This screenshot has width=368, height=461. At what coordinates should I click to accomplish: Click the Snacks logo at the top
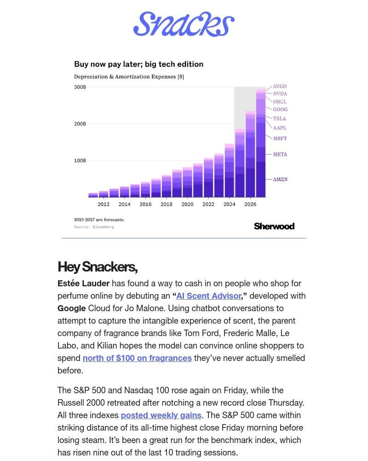(x=184, y=24)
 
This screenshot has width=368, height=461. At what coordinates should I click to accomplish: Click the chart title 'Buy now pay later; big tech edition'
(x=138, y=64)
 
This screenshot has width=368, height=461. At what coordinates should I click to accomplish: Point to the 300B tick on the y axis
(x=80, y=87)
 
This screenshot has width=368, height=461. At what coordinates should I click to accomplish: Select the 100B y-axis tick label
(x=80, y=161)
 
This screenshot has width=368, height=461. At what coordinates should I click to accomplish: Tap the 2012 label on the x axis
(x=103, y=204)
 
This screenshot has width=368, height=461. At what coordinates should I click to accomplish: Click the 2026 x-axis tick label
(x=250, y=204)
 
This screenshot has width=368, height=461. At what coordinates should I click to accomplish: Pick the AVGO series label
(x=280, y=87)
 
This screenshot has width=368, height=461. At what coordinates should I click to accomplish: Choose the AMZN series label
(x=280, y=179)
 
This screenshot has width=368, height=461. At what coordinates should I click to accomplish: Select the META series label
(x=280, y=154)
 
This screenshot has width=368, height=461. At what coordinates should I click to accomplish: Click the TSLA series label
(x=279, y=119)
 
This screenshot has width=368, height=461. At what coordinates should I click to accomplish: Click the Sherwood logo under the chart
(x=274, y=226)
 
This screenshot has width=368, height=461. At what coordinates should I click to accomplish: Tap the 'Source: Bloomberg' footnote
(x=94, y=227)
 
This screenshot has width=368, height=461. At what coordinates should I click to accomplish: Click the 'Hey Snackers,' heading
(x=98, y=267)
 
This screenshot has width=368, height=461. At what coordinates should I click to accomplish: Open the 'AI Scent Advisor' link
(x=208, y=296)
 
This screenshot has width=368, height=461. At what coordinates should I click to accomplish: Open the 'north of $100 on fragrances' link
(x=137, y=358)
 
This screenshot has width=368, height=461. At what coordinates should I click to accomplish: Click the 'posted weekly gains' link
(x=161, y=415)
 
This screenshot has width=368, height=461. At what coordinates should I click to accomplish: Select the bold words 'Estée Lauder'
(x=83, y=284)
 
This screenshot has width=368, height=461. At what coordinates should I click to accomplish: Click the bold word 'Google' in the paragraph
(x=71, y=308)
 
